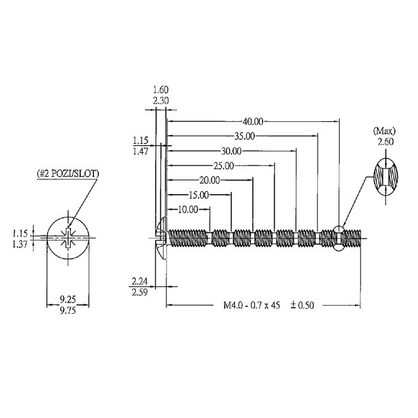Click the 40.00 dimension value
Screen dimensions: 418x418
point(254,121)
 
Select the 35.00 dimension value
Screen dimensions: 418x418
point(243,136)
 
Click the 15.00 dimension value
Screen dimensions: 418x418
point(198,195)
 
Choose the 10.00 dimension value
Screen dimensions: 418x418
point(188,209)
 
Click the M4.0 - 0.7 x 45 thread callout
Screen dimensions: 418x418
point(251,306)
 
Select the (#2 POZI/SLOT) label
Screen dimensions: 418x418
point(67,174)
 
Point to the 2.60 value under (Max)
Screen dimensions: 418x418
point(385,142)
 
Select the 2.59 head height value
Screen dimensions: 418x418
point(140,291)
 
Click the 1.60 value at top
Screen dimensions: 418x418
point(160,90)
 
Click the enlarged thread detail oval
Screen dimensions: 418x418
point(385,177)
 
